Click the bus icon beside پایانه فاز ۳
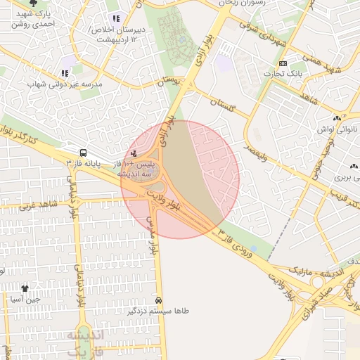click(84, 153)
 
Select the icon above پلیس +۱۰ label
click(134, 153)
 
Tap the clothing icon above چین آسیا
click(25, 288)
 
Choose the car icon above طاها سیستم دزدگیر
click(160, 299)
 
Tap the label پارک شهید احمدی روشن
click(36, 18)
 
